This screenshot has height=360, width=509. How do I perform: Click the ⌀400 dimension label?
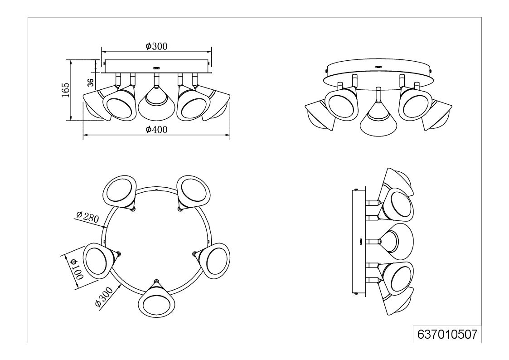pyautogui.click(x=156, y=130)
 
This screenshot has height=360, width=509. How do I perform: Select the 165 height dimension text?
pyautogui.click(x=66, y=90)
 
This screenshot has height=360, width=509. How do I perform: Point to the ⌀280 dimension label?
pyautogui.click(x=87, y=217)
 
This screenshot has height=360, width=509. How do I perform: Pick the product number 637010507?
pyautogui.click(x=447, y=334)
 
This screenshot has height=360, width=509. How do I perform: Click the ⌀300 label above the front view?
pyautogui.click(x=156, y=46)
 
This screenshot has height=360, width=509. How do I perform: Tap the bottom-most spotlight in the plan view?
pyautogui.click(x=156, y=298)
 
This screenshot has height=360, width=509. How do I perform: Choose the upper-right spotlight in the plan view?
pyautogui.click(x=194, y=193)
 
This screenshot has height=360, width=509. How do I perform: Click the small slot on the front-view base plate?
pyautogui.click(x=156, y=68)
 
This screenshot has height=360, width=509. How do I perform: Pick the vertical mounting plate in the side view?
pyautogui.click(x=359, y=242)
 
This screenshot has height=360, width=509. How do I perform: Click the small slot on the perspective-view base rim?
pyautogui.click(x=378, y=67)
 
